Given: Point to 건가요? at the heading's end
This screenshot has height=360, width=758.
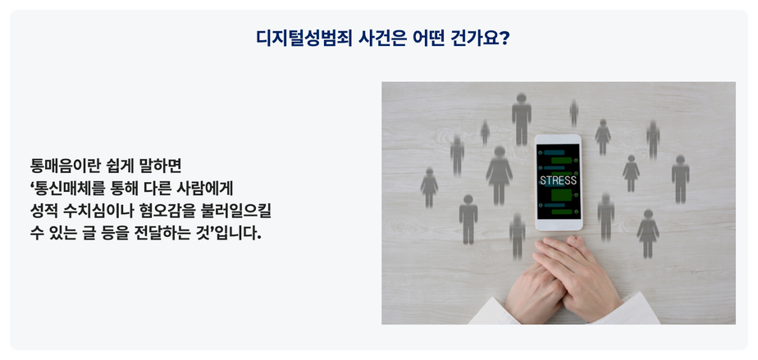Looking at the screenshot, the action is pos(480,39).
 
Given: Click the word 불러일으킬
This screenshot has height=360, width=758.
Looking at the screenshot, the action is pos(236,211).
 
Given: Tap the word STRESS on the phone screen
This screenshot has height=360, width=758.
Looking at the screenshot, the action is pos(559,180).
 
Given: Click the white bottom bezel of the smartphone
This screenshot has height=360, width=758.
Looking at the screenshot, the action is pos(559,225).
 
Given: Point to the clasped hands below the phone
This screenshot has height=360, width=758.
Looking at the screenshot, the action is pos(564,279).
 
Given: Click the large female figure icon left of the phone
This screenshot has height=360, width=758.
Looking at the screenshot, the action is pos(499,175).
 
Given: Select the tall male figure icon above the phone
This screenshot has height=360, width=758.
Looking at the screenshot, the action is pos(522,119).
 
